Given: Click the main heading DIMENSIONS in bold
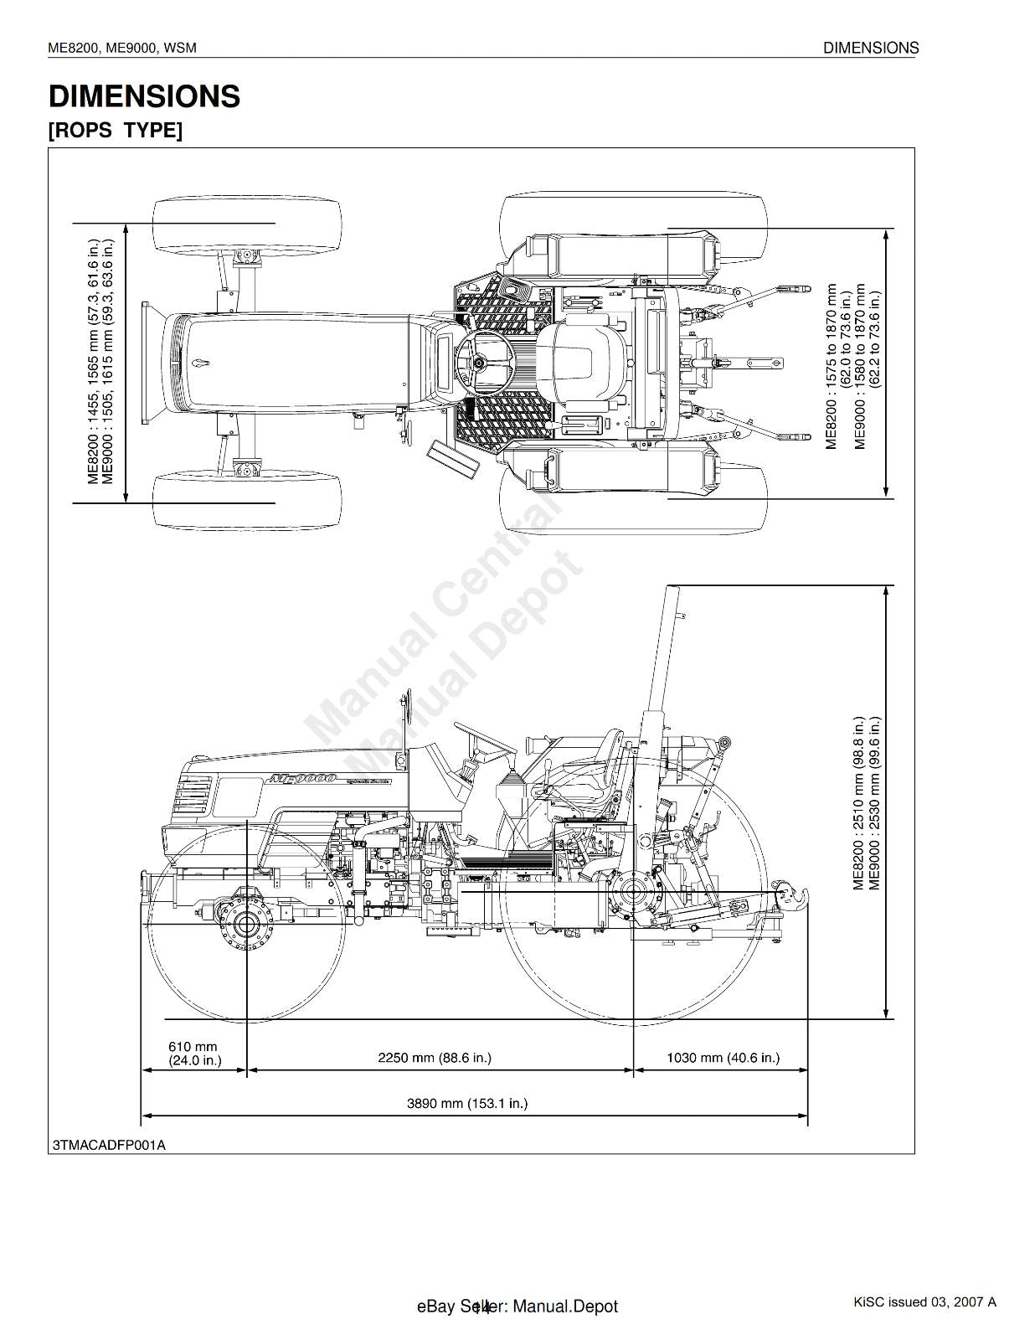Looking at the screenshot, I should [x=144, y=96].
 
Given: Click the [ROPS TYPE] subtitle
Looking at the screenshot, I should [x=115, y=131].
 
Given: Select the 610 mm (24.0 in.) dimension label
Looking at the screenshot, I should [x=194, y=1053].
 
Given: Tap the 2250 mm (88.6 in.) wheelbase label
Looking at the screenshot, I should [x=434, y=1058].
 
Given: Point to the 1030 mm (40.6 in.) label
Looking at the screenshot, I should [x=723, y=1058].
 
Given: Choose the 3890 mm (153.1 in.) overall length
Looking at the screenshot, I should [x=467, y=1103].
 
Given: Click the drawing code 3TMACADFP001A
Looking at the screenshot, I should [x=109, y=1145].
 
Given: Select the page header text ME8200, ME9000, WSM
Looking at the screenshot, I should [x=122, y=48].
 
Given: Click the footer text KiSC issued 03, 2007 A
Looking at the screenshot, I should [x=924, y=1301].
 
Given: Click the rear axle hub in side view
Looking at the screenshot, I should [x=633, y=894].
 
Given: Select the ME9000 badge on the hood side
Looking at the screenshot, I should [x=302, y=779].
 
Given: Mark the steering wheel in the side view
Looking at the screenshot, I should [x=483, y=737].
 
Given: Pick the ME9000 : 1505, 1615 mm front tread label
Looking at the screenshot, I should [x=107, y=362].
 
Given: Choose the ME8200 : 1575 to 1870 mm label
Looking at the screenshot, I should [x=832, y=366].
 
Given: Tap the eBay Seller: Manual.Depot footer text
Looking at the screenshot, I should [x=517, y=1306].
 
